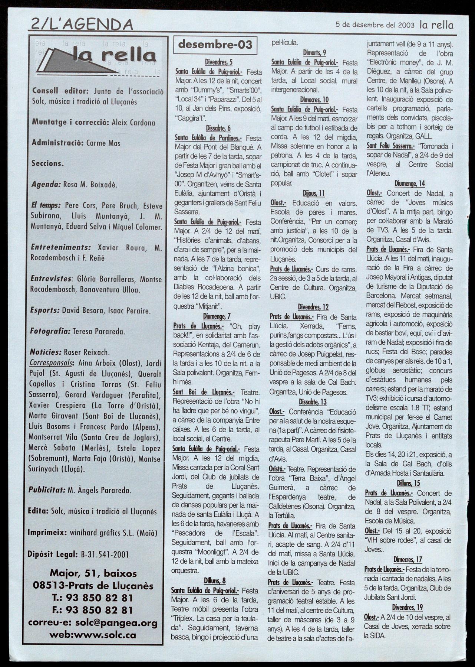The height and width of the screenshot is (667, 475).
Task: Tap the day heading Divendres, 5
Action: point(219,62)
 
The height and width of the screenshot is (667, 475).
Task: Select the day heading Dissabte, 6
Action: point(218,128)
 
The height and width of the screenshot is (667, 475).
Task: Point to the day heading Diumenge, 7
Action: point(217,316)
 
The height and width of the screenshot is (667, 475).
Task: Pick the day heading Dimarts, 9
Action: point(314,52)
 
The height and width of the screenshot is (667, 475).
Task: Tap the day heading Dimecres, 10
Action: point(314,100)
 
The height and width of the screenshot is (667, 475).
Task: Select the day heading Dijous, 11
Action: point(314,193)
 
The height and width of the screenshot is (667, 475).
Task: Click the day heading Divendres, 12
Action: point(313,307)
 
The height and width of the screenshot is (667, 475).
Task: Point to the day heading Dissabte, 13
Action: point(313,402)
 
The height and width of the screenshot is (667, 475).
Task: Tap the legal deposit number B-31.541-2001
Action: point(104,554)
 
